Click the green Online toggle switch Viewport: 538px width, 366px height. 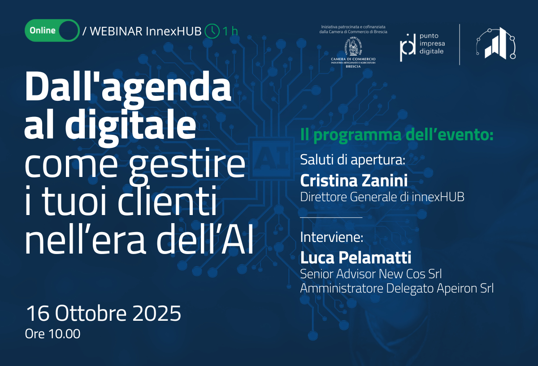(x=52, y=30)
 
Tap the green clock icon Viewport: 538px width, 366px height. (x=212, y=31)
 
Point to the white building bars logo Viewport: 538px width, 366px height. (x=496, y=43)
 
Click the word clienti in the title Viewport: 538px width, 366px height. (x=167, y=201)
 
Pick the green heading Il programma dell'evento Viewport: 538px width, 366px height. (x=397, y=135)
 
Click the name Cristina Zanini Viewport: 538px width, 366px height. (x=354, y=181)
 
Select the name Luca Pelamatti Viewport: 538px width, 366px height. (x=356, y=258)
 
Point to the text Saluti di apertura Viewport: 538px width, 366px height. (x=352, y=159)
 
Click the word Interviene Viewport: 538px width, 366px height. (x=332, y=237)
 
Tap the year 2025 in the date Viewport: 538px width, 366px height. (x=156, y=313)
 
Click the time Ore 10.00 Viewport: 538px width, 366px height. (x=52, y=334)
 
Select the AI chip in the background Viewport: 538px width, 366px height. (x=272, y=159)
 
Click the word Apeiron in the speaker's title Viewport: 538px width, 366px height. (x=457, y=288)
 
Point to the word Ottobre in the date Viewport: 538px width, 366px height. (x=91, y=313)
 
